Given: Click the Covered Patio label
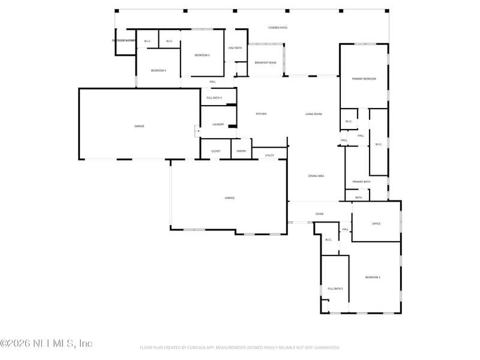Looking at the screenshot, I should [277, 28].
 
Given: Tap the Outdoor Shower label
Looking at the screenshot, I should [124, 41].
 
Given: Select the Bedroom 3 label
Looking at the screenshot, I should [202, 55].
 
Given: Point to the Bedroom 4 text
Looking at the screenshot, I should [158, 71].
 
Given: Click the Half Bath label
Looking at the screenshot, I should [235, 48].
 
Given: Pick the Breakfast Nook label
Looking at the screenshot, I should [265, 62].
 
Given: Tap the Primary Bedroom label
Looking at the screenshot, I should [364, 79].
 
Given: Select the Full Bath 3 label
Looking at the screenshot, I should [214, 98].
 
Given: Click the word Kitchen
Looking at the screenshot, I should [261, 114].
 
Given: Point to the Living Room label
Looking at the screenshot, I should [314, 114].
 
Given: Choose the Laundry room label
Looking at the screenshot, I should [218, 124].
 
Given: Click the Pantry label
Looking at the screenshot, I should [241, 151].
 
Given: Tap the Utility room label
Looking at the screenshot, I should [269, 155].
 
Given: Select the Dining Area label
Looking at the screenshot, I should [316, 176].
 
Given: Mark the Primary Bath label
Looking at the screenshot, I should [361, 182].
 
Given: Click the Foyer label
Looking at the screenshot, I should [320, 214].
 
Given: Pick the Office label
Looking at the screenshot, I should [376, 224].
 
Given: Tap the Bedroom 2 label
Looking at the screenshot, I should [373, 277].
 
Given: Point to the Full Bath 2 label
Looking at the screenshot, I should [335, 289].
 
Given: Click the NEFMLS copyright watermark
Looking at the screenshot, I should [46, 344].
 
